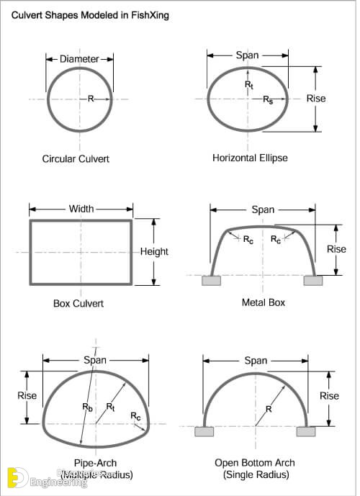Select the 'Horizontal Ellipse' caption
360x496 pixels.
(249, 158)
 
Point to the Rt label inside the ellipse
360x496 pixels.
(248, 84)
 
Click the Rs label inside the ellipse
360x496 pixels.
(267, 99)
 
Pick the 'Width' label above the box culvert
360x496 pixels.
(81, 209)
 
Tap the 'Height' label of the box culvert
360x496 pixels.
(154, 251)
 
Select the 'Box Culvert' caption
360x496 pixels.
(78, 303)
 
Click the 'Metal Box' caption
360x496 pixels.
(263, 302)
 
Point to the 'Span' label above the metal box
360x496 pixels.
(263, 209)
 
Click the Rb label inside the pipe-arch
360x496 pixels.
(87, 407)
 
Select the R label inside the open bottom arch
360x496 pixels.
(268, 409)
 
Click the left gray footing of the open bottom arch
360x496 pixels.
(204, 431)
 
